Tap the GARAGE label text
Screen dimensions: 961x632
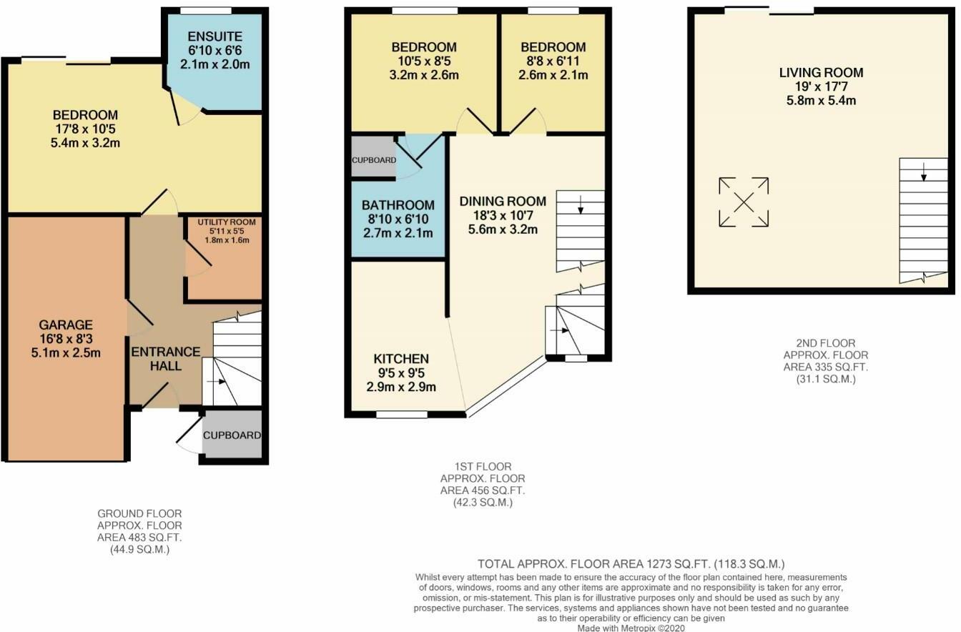66,325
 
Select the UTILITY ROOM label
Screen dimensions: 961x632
227,222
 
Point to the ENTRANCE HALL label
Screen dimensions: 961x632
166,359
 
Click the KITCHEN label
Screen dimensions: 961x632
401,359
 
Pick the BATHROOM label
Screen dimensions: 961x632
398,205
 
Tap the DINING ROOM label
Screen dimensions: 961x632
503,201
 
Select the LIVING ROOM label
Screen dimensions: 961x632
821,72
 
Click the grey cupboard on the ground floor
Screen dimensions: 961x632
232,434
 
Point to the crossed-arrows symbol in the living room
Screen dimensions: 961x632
744,202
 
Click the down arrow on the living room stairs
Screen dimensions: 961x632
924,172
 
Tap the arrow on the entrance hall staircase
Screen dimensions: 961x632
216,381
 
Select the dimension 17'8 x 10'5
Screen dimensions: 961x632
85,129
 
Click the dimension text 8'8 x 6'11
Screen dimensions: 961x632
553,61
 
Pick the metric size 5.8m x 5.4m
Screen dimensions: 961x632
821,100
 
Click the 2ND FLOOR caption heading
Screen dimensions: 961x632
826,343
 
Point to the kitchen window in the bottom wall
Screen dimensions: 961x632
402,415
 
